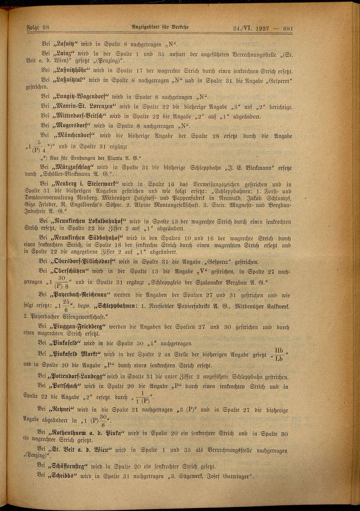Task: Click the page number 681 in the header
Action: [x=288, y=28]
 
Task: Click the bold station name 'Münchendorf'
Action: [x=75, y=136]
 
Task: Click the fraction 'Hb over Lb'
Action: [x=279, y=354]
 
